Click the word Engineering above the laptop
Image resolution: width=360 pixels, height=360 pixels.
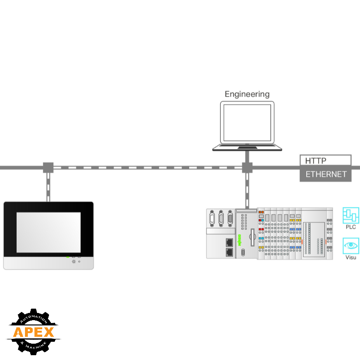247,94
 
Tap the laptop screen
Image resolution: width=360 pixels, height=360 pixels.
247,122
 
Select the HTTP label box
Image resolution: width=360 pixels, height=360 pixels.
325,161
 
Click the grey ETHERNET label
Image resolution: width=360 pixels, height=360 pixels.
325,174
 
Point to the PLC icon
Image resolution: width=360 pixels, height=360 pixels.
351,216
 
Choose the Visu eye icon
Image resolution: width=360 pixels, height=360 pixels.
351,246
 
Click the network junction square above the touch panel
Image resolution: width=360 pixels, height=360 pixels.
48,168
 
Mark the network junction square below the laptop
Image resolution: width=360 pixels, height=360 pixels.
247,168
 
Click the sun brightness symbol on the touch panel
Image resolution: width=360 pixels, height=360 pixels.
73,262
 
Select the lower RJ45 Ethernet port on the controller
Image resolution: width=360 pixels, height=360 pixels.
230,251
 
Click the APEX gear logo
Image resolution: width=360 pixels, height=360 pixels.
33,331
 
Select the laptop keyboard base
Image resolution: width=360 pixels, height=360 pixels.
247,147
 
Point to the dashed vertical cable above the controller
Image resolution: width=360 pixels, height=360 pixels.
247,190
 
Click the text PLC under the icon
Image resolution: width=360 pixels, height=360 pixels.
351,227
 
